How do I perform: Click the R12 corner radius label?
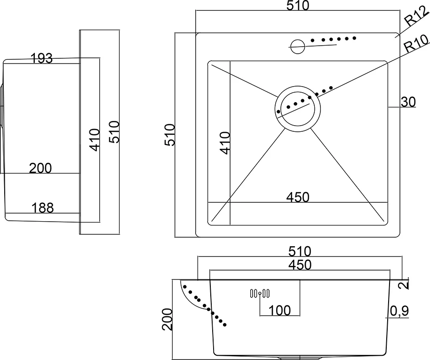click(416, 16)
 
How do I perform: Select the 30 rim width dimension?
click(408, 102)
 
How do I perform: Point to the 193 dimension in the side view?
click(41, 58)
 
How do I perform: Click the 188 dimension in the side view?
click(42, 208)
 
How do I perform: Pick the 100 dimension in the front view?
click(279, 310)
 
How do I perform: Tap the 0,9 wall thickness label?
click(399, 311)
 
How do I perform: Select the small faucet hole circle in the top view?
click(297, 47)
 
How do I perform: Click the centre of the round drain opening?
click(297, 108)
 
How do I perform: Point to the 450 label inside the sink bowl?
click(298, 197)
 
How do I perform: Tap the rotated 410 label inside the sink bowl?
click(225, 143)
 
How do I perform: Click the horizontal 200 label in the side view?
click(40, 168)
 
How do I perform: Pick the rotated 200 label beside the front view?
click(167, 319)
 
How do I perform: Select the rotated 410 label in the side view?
click(95, 140)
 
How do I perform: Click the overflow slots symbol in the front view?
click(260, 294)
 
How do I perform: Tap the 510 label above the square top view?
click(298, 6)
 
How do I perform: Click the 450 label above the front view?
click(300, 265)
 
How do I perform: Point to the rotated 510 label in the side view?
click(114, 132)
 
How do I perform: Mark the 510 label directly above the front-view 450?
click(300, 251)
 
